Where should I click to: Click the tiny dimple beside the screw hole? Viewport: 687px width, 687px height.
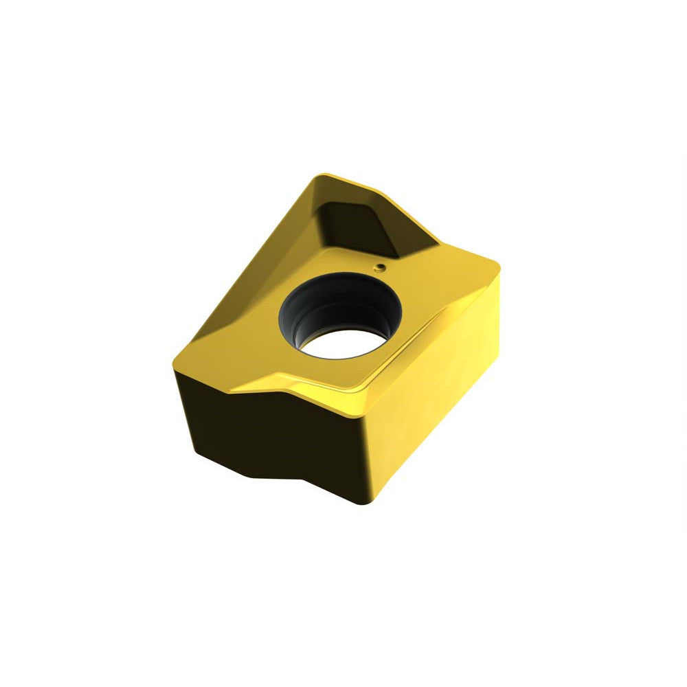(379, 266)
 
